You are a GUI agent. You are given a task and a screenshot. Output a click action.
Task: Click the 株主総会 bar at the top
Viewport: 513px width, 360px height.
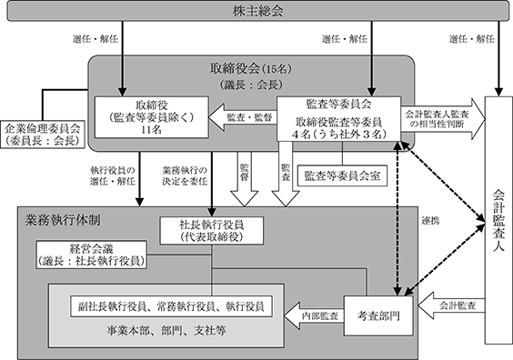[257, 11]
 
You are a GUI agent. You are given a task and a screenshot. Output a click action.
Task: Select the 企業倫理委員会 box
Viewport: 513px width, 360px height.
[42, 134]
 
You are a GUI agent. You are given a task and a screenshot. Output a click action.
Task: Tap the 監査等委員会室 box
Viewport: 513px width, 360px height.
[342, 176]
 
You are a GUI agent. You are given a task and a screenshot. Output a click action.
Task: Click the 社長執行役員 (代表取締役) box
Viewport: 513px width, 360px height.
[211, 231]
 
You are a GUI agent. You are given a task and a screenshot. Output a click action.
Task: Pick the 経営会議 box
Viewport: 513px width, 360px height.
[91, 255]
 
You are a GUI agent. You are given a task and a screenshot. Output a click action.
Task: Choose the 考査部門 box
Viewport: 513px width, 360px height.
[378, 315]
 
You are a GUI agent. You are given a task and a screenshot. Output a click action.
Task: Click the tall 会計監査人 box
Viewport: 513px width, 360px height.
[498, 220]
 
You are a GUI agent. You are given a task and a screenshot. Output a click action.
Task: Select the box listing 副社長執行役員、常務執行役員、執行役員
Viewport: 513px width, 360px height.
[171, 306]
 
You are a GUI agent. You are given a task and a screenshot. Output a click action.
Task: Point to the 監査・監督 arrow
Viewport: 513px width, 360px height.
[243, 117]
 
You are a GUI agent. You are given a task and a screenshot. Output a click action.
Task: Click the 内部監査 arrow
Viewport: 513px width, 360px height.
[314, 315]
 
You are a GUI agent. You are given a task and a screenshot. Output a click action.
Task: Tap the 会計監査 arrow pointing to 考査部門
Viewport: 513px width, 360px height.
[451, 305]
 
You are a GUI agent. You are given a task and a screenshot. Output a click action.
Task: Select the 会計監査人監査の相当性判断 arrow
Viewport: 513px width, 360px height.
[443, 119]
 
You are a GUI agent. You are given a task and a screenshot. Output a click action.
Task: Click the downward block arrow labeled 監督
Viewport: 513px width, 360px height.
[245, 179]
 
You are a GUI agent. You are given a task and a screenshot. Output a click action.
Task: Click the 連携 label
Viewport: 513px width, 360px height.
[430, 221]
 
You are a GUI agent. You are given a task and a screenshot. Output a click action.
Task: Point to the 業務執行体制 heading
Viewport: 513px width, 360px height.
[63, 220]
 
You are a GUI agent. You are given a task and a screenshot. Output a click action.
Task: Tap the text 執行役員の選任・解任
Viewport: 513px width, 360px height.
[113, 176]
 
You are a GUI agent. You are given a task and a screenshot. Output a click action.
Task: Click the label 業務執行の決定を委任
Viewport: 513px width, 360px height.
[185, 176]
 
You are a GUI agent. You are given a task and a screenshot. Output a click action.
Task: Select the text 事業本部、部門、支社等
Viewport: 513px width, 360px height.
[166, 331]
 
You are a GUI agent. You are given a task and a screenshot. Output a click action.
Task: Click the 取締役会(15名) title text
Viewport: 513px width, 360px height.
[251, 69]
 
